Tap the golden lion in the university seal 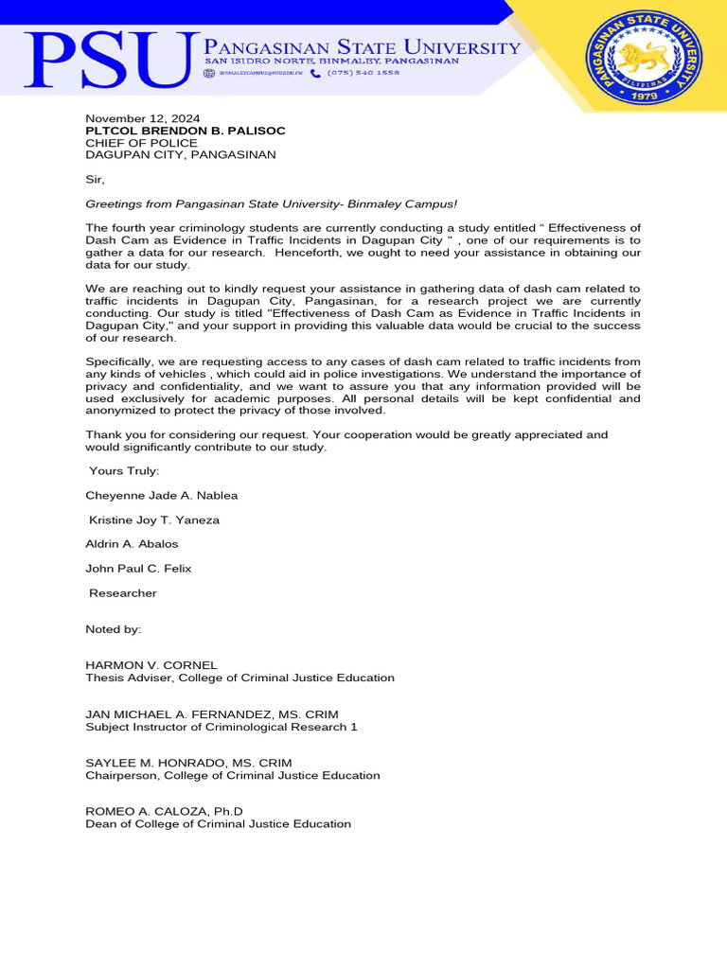[643, 58]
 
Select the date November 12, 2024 [136, 118]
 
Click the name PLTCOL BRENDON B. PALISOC [186, 131]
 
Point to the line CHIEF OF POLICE [142, 143]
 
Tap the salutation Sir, [96, 179]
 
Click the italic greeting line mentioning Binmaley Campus [272, 203]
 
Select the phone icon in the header [315, 73]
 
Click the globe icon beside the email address [210, 73]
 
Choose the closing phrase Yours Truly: [124, 470]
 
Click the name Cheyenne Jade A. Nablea [162, 495]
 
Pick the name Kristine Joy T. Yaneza [154, 520]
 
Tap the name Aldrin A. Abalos [132, 544]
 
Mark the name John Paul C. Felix [138, 569]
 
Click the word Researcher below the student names [123, 593]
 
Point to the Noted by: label [113, 629]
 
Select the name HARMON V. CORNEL [151, 665]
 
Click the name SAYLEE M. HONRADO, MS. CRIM [188, 763]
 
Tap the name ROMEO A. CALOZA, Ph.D [165, 811]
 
